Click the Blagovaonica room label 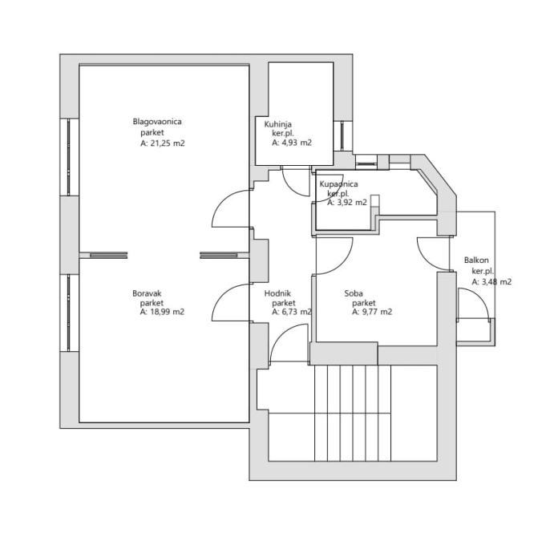click(x=157, y=122)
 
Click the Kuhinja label click(x=278, y=124)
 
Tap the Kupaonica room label click(x=338, y=184)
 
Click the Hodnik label click(x=277, y=293)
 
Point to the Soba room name click(x=354, y=293)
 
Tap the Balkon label click(x=476, y=260)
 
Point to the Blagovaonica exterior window click(x=68, y=157)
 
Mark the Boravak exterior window click(x=68, y=313)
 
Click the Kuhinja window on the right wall click(x=342, y=135)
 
